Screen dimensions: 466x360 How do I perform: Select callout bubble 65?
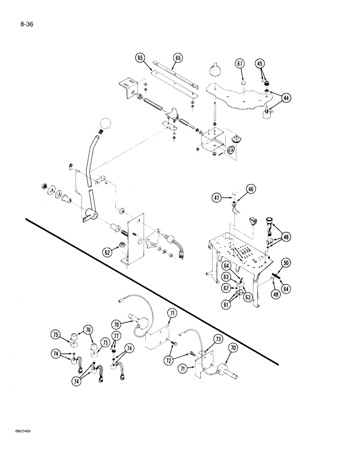click(x=140, y=58)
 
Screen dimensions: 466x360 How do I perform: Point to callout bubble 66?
click(x=178, y=58)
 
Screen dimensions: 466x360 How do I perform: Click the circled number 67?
click(x=240, y=63)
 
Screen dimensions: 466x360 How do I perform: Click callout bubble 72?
click(x=169, y=361)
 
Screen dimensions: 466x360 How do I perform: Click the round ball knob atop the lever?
click(x=106, y=124)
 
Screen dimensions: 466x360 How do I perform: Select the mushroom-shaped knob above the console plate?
click(x=215, y=71)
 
